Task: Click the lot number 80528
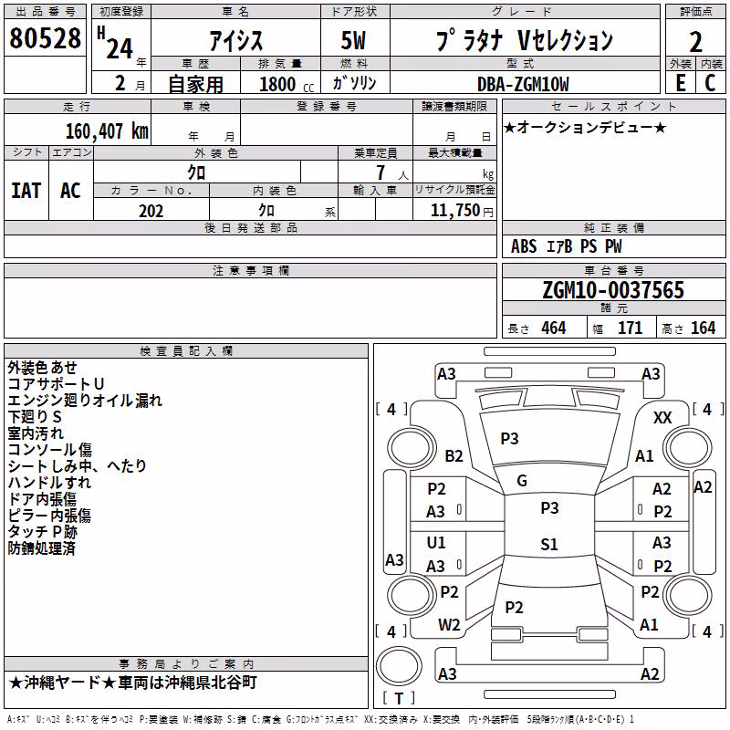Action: click(45, 38)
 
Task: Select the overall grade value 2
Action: click(695, 42)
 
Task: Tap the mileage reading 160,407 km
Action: click(107, 131)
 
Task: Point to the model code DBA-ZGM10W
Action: click(523, 84)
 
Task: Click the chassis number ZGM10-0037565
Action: click(613, 289)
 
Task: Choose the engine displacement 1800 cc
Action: click(287, 84)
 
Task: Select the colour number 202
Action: click(151, 211)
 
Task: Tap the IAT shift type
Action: click(26, 191)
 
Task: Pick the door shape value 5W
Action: click(353, 40)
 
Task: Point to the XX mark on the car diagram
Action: click(662, 418)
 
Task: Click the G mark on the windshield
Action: click(522, 481)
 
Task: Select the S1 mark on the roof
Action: click(549, 544)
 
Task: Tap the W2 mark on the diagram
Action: click(449, 625)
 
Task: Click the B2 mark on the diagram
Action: click(454, 455)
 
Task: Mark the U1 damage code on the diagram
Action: click(436, 542)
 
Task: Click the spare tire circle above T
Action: click(399, 666)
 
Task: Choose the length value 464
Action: click(554, 328)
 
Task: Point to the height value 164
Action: click(703, 328)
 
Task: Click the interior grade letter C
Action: click(710, 83)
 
